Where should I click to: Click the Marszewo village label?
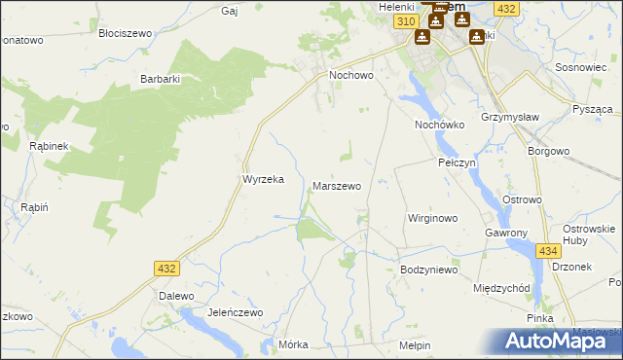tap(336, 185)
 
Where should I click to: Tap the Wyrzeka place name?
tap(262, 180)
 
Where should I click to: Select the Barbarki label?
tap(162, 79)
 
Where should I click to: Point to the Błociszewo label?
tap(126, 32)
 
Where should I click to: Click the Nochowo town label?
tap(351, 74)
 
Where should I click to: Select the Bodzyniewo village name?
tap(429, 270)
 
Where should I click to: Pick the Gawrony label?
tap(506, 234)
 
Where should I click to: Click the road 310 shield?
tap(407, 20)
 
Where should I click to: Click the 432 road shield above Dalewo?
tap(165, 268)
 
